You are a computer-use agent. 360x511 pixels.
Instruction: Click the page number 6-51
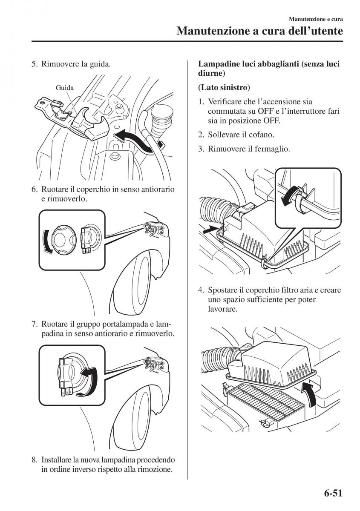[330, 494]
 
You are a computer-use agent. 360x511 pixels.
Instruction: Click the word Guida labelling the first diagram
[65, 88]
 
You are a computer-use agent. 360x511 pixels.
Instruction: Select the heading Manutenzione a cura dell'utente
[260, 31]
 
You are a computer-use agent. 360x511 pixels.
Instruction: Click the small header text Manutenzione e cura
[316, 19]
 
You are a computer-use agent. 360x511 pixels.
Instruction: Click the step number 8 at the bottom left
[34, 460]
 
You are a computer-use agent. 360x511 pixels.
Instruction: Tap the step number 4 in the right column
[201, 290]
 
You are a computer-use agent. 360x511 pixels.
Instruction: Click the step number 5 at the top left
[34, 65]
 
